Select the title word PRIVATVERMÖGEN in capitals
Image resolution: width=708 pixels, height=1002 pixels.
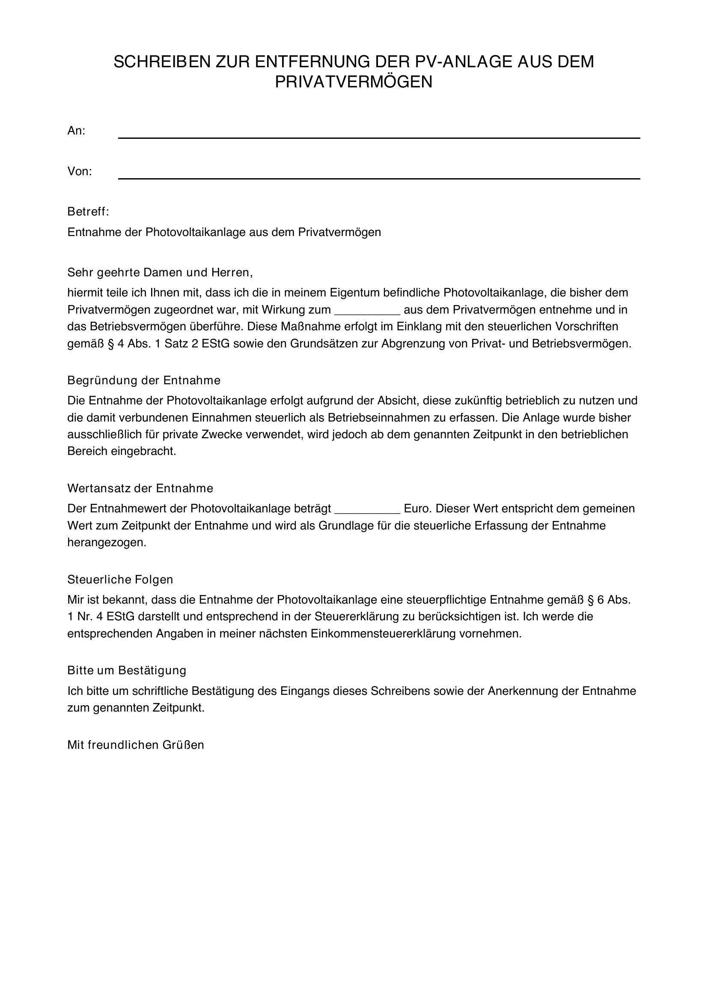pyautogui.click(x=354, y=82)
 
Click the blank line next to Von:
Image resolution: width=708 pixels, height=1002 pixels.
pyautogui.click(x=379, y=173)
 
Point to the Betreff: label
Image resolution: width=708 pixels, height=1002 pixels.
pyautogui.click(x=88, y=212)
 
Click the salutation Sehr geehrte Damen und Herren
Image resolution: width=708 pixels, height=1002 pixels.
pyautogui.click(x=160, y=273)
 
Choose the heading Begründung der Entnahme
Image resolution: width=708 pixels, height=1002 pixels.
pyautogui.click(x=144, y=380)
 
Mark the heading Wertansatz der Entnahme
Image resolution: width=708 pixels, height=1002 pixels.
pyautogui.click(x=140, y=488)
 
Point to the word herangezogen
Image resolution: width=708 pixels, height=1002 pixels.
pyautogui.click(x=107, y=542)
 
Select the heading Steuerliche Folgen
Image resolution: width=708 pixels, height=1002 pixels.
pyautogui.click(x=120, y=580)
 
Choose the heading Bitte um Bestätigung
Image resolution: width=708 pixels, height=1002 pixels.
pyautogui.click(x=127, y=670)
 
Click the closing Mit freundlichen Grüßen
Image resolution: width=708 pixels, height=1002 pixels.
pyautogui.click(x=136, y=745)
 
